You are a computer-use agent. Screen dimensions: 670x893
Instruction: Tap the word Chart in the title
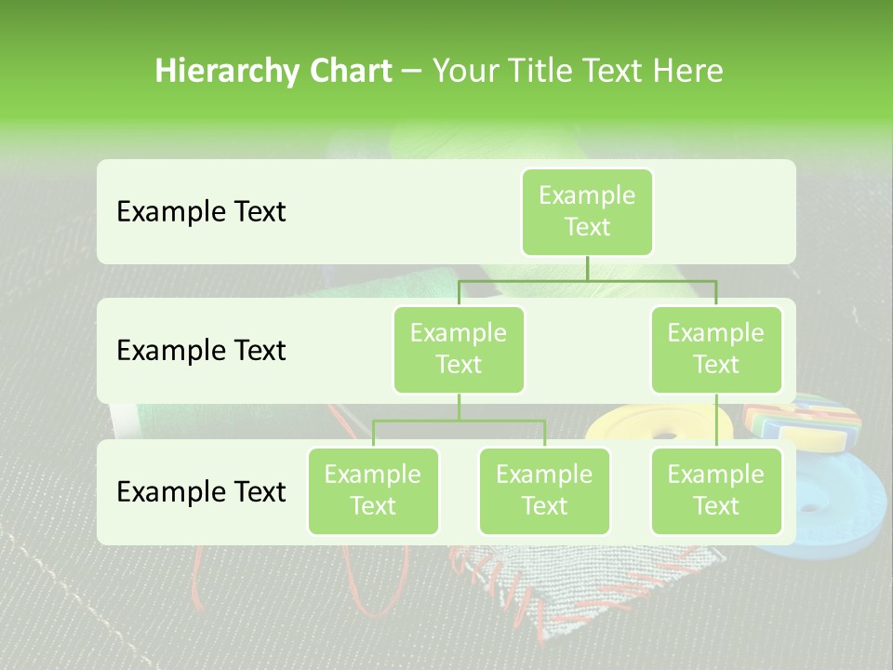point(348,72)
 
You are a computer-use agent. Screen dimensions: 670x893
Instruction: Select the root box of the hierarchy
point(587,211)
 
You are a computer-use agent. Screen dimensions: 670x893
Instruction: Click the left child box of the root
point(459,349)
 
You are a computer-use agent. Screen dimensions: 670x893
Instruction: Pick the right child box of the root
point(716,349)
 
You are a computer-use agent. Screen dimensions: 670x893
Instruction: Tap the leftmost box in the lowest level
point(373,490)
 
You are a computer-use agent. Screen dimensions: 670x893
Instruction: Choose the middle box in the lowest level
point(544,490)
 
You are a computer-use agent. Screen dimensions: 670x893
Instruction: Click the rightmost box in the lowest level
point(716,490)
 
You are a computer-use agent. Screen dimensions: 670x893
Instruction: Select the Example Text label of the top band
point(201,212)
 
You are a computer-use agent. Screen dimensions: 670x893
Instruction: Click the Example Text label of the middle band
point(201,351)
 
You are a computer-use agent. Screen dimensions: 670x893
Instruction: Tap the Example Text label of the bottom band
point(201,492)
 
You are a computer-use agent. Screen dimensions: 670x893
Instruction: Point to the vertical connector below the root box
point(587,268)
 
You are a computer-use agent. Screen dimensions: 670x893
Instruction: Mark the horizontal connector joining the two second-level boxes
point(587,280)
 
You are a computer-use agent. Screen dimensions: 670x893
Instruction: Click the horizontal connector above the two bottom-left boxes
point(459,421)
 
